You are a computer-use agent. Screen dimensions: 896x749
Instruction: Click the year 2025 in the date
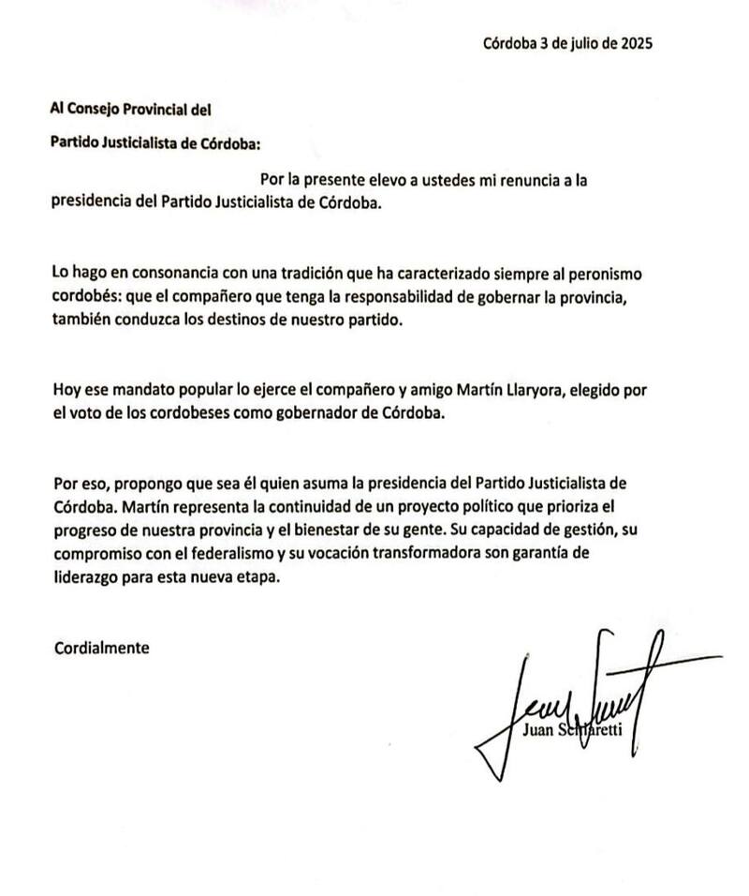pos(634,43)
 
